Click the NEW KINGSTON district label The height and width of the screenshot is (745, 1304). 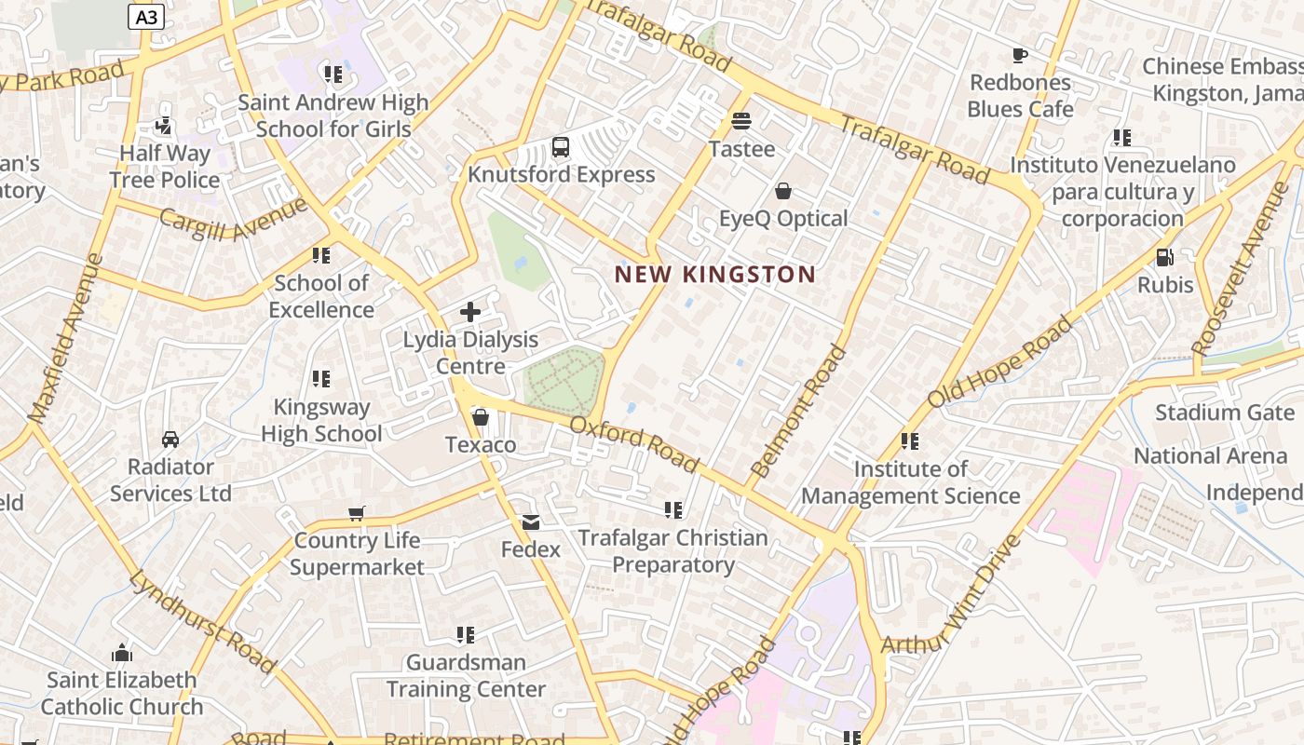click(x=714, y=274)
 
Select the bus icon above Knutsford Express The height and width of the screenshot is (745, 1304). click(x=561, y=146)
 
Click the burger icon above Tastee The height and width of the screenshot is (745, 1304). click(x=741, y=121)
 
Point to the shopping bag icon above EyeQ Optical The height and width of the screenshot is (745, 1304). click(x=783, y=191)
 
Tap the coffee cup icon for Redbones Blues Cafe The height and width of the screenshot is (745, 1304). click(x=1020, y=55)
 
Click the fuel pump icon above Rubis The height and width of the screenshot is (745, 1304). click(x=1164, y=257)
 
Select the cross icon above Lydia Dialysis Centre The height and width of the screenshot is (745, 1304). click(x=470, y=312)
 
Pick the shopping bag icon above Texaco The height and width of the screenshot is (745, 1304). click(x=481, y=417)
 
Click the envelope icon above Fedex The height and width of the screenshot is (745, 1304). click(x=531, y=522)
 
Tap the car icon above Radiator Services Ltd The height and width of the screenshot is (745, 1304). click(x=170, y=439)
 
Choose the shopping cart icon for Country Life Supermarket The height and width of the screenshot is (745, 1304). click(x=356, y=512)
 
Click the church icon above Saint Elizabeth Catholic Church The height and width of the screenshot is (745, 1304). click(x=122, y=653)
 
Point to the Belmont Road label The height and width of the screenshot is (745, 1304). click(x=799, y=412)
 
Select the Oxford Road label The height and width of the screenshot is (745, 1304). click(x=633, y=443)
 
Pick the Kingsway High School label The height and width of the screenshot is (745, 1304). click(x=321, y=420)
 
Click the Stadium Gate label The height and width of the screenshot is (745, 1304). click(x=1225, y=413)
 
